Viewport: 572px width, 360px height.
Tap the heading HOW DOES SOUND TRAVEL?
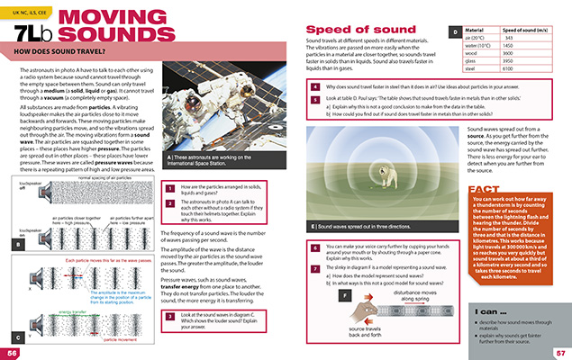click(x=69, y=64)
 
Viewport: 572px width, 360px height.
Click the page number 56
click(x=13, y=353)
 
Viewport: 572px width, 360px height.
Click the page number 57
click(x=558, y=353)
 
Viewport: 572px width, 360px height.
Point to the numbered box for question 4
click(x=313, y=88)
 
